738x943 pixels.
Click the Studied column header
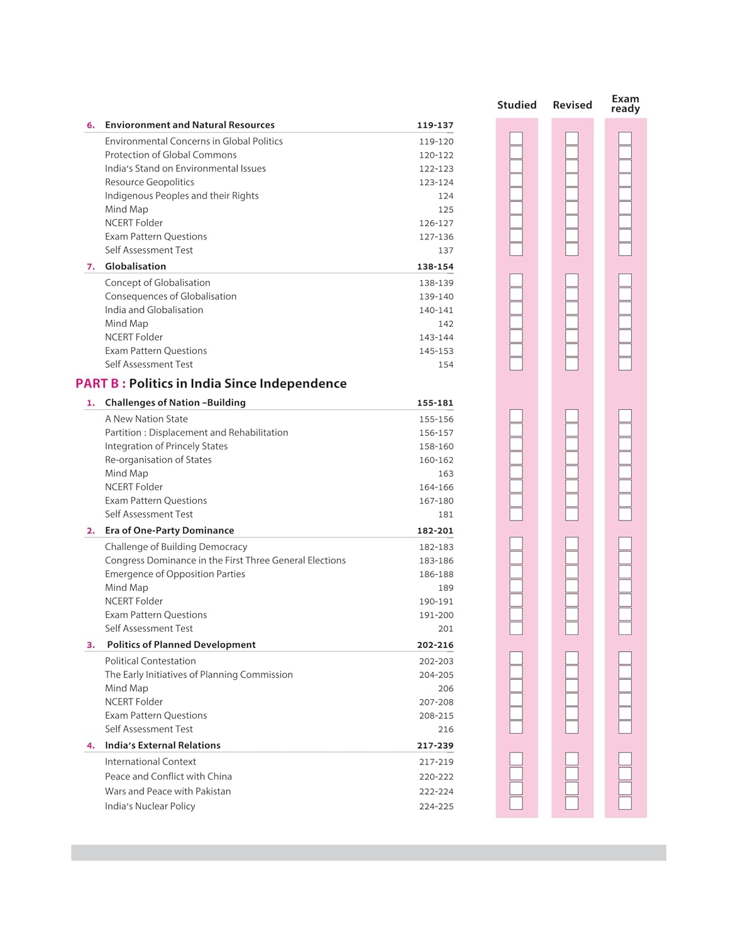[x=517, y=105]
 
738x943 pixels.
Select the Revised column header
[x=572, y=105]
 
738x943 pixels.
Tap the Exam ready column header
[x=625, y=104]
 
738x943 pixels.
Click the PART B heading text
[x=211, y=383]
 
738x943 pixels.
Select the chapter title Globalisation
[x=135, y=267]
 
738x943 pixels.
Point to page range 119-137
[x=435, y=125]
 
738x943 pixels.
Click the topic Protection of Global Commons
[x=171, y=155]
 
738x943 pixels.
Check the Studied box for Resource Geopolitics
[x=516, y=180]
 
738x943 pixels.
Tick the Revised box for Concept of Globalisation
[x=572, y=280]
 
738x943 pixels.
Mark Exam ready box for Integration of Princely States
[x=625, y=444]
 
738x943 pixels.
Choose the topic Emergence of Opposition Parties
[x=175, y=574]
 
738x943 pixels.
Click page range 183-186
[x=436, y=561]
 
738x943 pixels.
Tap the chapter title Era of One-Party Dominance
[x=169, y=531]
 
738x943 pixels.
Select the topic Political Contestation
[x=150, y=661]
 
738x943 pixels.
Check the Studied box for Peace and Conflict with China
[x=516, y=774]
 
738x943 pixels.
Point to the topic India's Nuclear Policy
[x=150, y=806]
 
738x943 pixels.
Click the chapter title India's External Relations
[x=163, y=746]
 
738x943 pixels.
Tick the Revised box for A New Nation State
[x=572, y=416]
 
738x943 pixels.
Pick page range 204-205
[x=436, y=675]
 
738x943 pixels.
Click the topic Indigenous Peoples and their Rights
[x=182, y=196]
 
